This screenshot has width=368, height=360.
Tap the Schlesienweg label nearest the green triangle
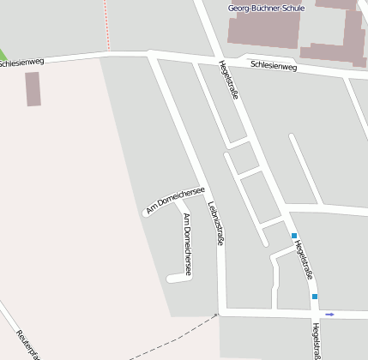pyautogui.click(x=21, y=63)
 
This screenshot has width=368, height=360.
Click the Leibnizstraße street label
pyautogui.click(x=216, y=224)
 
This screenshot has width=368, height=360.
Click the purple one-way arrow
pyautogui.click(x=329, y=315)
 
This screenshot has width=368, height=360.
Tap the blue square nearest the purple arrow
pyautogui.click(x=315, y=297)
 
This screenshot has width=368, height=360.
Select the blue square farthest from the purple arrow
pyautogui.click(x=293, y=236)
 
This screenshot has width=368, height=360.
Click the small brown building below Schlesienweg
pyautogui.click(x=33, y=88)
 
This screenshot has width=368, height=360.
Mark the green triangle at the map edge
pyautogui.click(x=3, y=52)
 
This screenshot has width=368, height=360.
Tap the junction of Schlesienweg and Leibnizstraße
pyautogui.click(x=153, y=56)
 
